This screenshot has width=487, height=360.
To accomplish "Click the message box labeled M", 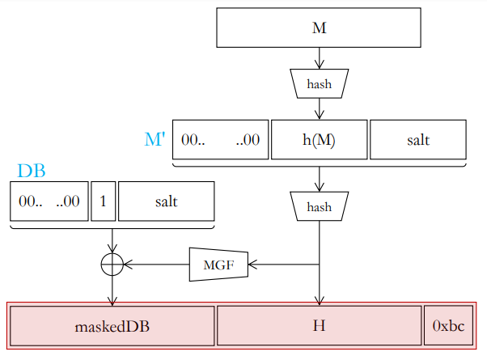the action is [x=319, y=28].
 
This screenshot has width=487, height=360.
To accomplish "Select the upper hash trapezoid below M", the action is [x=320, y=83].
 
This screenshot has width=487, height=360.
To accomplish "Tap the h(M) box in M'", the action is [x=320, y=139].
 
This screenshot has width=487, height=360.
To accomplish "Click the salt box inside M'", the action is [x=418, y=139].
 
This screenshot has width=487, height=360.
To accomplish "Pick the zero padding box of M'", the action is [x=221, y=139].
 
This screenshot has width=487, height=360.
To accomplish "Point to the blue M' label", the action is [x=155, y=139].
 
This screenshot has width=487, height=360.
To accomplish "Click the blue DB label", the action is [x=32, y=171].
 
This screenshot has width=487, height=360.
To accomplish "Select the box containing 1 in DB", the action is [x=103, y=201].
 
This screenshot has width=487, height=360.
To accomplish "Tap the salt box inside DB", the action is [x=167, y=201].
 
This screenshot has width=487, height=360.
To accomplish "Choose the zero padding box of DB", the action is [x=49, y=201].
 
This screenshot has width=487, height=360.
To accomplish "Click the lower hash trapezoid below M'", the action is [x=320, y=206].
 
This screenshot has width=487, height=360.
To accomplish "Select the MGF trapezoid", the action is [x=218, y=265].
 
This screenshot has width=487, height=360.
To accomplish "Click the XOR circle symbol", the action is [x=112, y=265].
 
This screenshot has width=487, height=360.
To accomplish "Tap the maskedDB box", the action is [x=112, y=326].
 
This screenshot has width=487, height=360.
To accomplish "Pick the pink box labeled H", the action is [x=320, y=325].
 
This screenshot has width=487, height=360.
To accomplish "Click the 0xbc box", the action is [x=448, y=325].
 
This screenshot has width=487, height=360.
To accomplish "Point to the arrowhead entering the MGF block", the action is [x=252, y=265].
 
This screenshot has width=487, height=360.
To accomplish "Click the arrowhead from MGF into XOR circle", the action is [x=128, y=265].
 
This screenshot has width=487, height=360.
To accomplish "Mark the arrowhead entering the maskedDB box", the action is [x=112, y=301].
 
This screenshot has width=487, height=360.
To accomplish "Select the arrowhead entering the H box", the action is [x=320, y=301].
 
